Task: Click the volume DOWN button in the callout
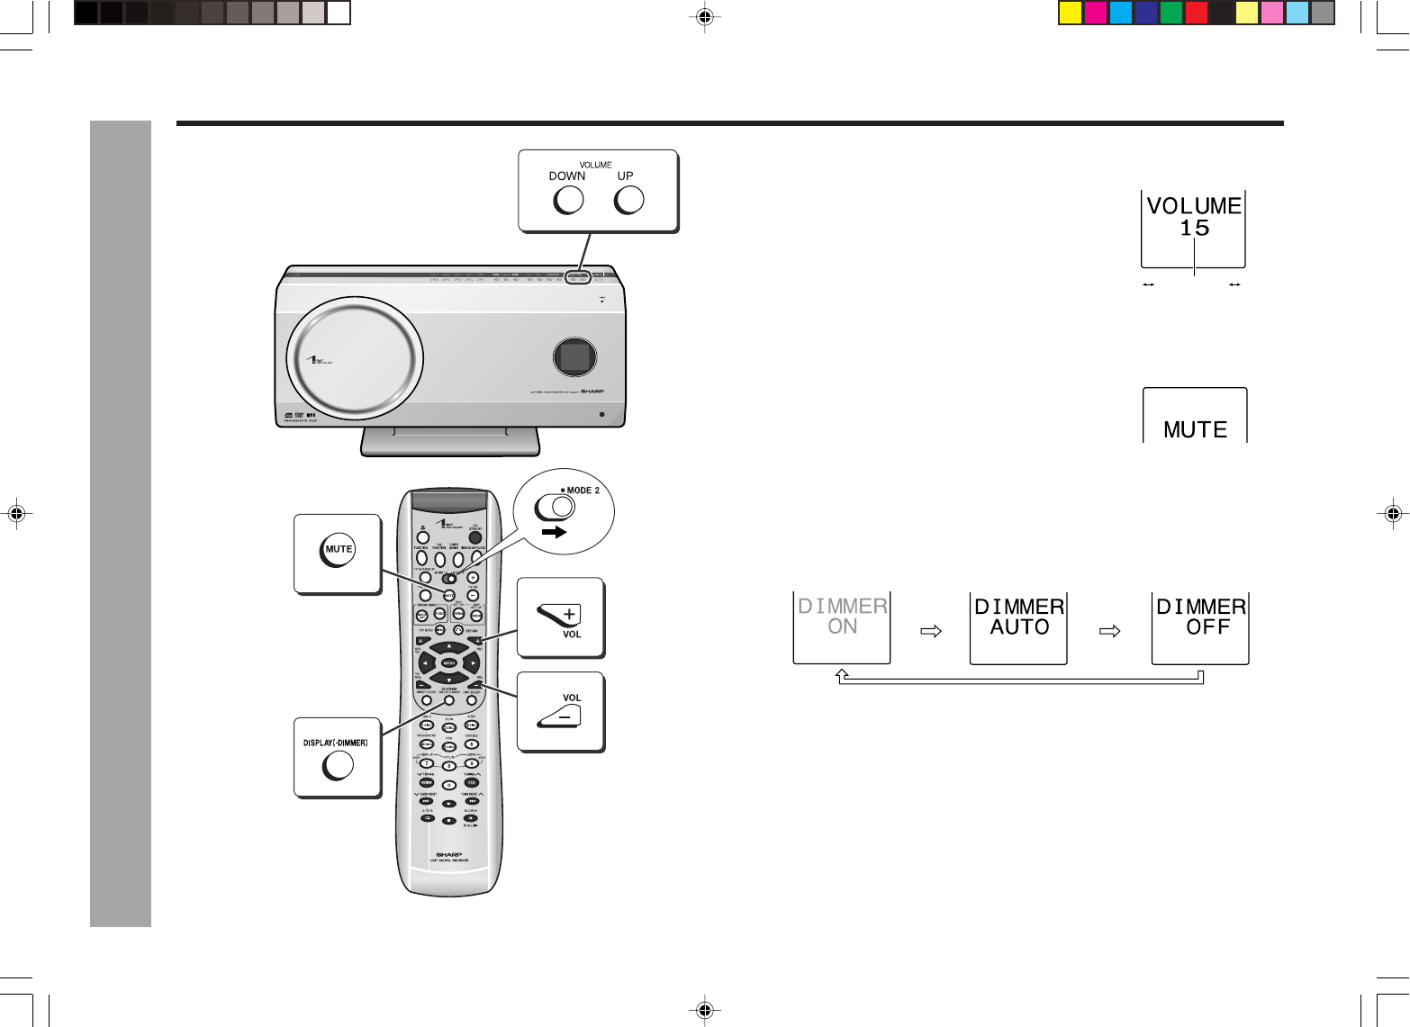[568, 200]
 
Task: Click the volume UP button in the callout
[628, 200]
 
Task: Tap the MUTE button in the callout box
[338, 551]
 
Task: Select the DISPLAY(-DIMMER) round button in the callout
[338, 765]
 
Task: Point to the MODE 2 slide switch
[555, 508]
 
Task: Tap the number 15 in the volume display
[1194, 229]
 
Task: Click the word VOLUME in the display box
[1194, 206]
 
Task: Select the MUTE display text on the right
[1195, 430]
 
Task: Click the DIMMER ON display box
[842, 626]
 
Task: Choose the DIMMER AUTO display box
[1018, 626]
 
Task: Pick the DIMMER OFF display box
[1200, 626]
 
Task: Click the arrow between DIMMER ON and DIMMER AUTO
[931, 631]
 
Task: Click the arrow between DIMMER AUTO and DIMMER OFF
[1110, 631]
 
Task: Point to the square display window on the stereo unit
[574, 357]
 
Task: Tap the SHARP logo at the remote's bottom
[448, 854]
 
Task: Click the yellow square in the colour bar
[1070, 13]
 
